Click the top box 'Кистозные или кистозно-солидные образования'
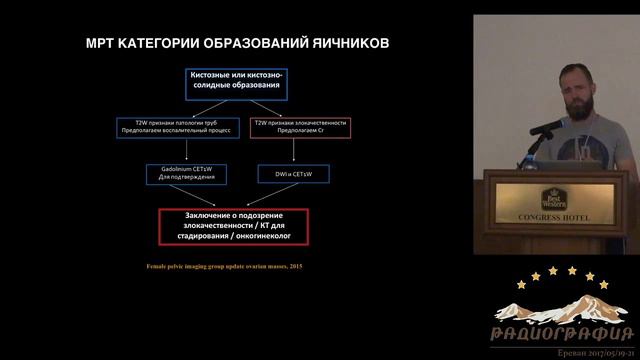point(236,84)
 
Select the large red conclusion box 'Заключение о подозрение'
point(234,225)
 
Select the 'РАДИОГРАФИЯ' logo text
point(562,333)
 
